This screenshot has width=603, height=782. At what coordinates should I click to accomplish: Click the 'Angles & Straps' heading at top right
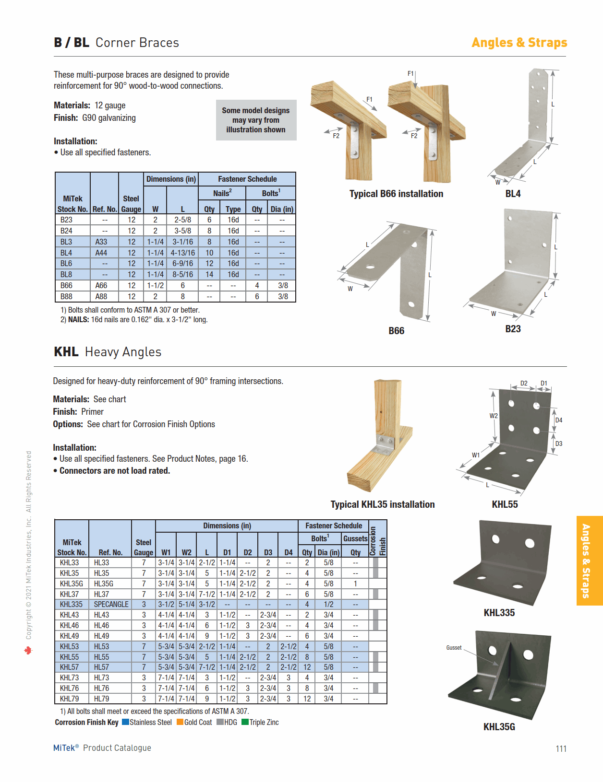pyautogui.click(x=519, y=43)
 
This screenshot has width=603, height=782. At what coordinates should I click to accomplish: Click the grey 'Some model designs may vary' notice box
pyautogui.click(x=256, y=120)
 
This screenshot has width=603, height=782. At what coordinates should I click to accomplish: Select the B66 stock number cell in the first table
pyautogui.click(x=67, y=286)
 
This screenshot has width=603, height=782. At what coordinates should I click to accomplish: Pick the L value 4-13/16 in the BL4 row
pyautogui.click(x=182, y=253)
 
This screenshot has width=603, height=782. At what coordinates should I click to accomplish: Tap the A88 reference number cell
pyautogui.click(x=101, y=297)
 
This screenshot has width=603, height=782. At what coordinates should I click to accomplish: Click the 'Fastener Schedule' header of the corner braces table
pyautogui.click(x=247, y=179)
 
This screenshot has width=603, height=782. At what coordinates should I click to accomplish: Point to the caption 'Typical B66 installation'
pyautogui.click(x=396, y=194)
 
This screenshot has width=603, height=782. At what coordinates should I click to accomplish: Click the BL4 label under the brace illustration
pyautogui.click(x=513, y=194)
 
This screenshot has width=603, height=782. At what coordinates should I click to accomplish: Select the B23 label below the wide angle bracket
pyautogui.click(x=513, y=329)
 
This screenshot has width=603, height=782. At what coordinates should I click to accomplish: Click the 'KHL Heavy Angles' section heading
pyautogui.click(x=108, y=352)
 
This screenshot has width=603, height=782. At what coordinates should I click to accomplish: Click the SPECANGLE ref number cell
pyautogui.click(x=111, y=605)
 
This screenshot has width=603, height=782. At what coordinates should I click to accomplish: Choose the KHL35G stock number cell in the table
pyautogui.click(x=72, y=584)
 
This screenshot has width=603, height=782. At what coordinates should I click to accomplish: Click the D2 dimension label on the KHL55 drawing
pyautogui.click(x=524, y=384)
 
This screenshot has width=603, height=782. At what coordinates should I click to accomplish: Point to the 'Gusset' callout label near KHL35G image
pyautogui.click(x=454, y=648)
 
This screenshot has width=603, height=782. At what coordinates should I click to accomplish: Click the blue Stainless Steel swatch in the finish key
pyautogui.click(x=125, y=722)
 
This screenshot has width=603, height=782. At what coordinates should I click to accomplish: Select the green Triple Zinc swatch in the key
pyautogui.click(x=245, y=722)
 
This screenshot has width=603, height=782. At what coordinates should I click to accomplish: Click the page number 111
pyautogui.click(x=561, y=749)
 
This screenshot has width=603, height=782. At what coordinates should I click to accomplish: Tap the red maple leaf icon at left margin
pyautogui.click(x=28, y=651)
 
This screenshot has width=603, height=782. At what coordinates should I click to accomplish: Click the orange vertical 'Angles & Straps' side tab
pyautogui.click(x=589, y=560)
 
